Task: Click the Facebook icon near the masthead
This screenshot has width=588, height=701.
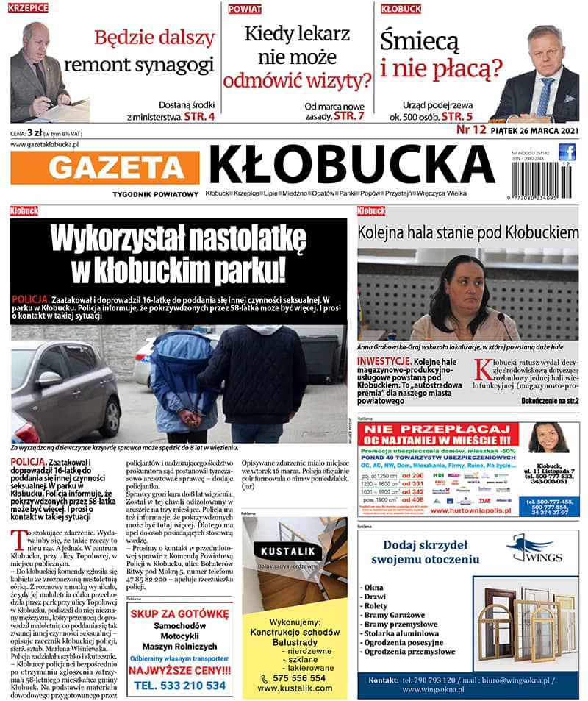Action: [567, 152]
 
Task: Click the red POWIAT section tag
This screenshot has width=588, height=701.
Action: [244, 9]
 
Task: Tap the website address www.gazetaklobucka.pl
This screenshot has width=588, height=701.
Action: [45, 145]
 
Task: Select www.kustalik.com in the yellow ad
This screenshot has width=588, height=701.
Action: [295, 687]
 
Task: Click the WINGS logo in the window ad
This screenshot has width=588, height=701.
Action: [531, 549]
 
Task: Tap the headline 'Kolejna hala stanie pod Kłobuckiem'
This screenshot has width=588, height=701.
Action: [467, 232]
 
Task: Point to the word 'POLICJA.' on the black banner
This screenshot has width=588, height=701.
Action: [31, 300]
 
